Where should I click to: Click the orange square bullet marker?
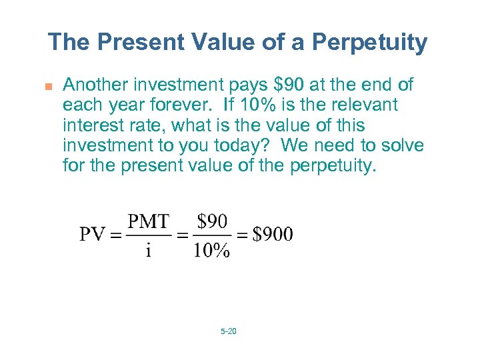[x=48, y=85]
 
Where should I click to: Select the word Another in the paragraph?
[x=96, y=85]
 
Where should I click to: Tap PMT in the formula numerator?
[x=149, y=221]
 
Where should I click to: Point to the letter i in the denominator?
[x=148, y=251]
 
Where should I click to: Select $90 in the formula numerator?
[x=212, y=221]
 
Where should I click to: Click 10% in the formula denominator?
[x=212, y=250]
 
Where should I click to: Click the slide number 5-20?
[x=228, y=331]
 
